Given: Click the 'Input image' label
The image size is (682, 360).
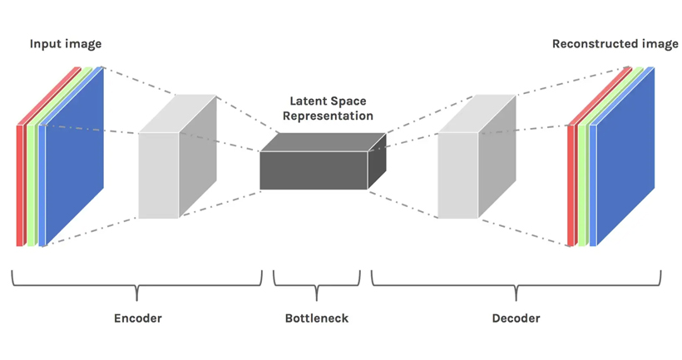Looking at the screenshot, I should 66,43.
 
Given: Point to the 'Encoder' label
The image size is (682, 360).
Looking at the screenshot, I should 137,318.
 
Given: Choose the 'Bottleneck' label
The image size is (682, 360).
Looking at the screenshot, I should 317,318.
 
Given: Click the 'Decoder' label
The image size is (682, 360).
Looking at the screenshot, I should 516,318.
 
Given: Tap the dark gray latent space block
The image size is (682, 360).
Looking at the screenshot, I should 314,170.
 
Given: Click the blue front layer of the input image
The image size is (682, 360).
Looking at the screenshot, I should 73,158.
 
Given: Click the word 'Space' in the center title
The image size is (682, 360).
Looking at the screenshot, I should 349,101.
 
